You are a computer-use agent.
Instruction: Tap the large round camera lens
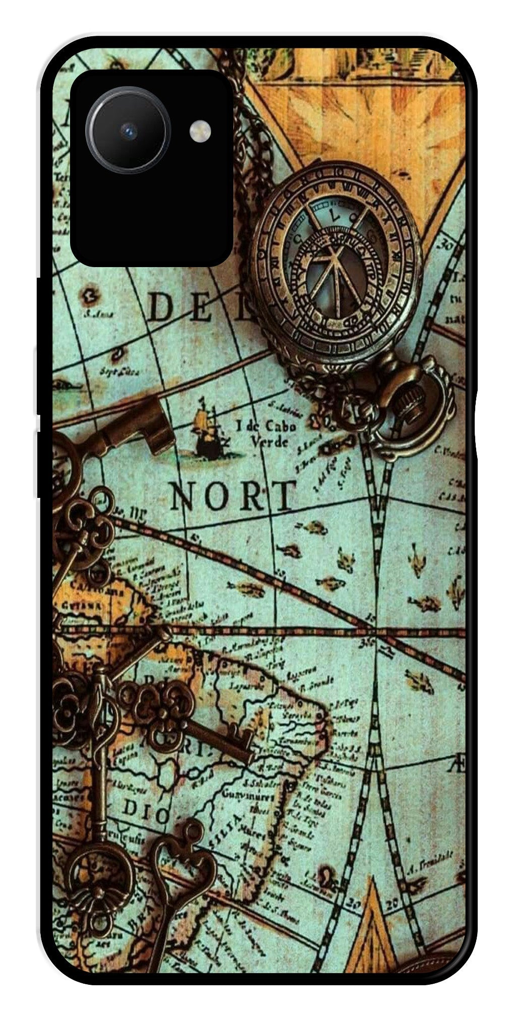pos(128,132)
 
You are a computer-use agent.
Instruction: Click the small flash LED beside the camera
pos(200,132)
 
